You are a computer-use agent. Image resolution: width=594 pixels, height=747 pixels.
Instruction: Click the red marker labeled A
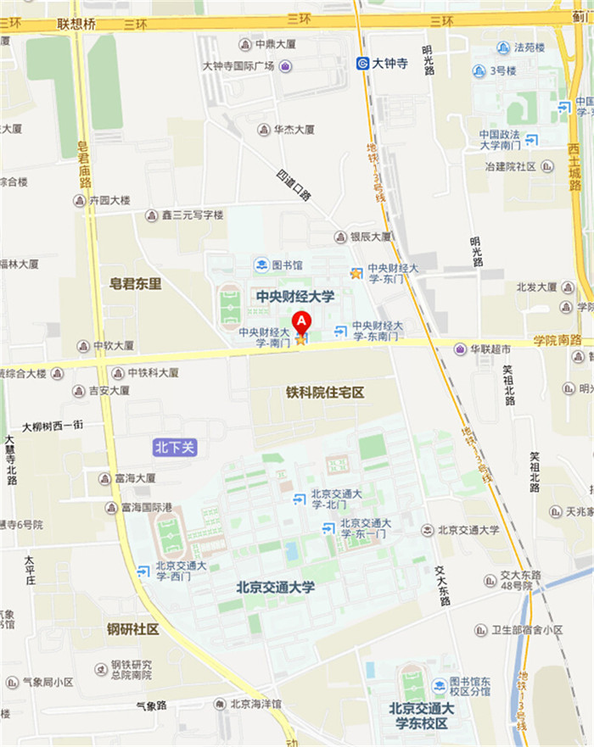[301, 323]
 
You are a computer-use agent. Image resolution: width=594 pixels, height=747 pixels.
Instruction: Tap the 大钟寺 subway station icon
[361, 63]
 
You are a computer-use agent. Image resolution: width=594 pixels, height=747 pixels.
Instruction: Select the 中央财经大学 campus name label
[294, 297]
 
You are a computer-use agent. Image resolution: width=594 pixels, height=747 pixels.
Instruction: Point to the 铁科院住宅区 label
[325, 393]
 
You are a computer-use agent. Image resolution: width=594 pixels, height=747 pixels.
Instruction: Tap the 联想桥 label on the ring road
[76, 24]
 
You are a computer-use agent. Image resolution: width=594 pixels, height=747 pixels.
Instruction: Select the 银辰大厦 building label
[373, 237]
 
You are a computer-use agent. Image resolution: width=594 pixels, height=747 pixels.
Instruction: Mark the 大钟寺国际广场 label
[238, 66]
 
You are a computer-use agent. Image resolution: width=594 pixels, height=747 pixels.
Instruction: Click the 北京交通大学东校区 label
[423, 716]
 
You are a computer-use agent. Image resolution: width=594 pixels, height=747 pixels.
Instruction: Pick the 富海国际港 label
[149, 508]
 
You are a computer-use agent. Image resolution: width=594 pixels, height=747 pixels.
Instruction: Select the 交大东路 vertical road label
[441, 585]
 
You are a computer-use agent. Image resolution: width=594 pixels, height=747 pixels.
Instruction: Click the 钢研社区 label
[133, 629]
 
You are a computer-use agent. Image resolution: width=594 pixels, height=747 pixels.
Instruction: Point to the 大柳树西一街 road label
[53, 426]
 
